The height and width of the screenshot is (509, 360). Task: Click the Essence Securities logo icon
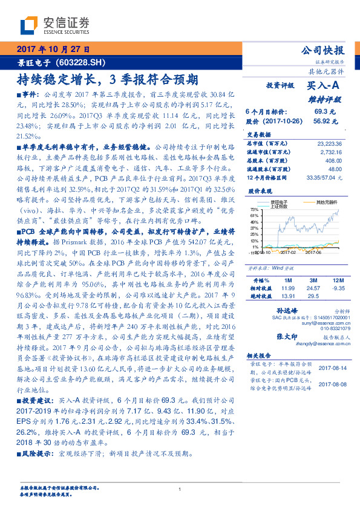28,25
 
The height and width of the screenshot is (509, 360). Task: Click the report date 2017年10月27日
53,50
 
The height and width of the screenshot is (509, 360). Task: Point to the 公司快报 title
322,51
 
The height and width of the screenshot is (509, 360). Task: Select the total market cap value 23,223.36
329,143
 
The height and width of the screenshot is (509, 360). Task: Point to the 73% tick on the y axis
255,209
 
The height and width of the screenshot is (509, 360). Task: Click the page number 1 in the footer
180,488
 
